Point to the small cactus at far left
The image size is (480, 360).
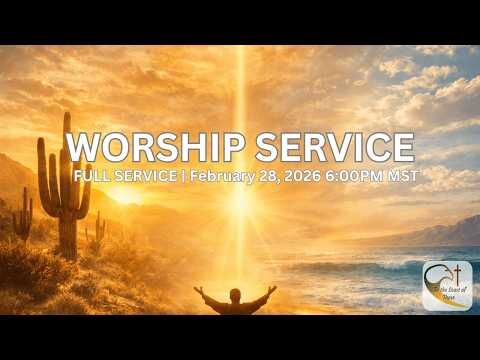(21, 214)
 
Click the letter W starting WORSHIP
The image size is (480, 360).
(84, 147)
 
